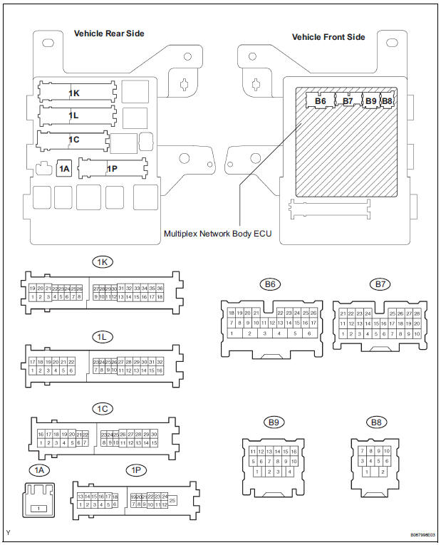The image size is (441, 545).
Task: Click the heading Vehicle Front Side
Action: (328, 37)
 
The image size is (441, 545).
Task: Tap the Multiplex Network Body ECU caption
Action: (217, 233)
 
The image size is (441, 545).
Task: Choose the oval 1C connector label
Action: (102, 409)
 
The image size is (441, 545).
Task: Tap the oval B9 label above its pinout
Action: (272, 422)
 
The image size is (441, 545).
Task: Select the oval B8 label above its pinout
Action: (375, 422)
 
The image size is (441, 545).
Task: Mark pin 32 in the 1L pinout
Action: (159, 361)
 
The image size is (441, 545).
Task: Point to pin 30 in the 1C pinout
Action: (153, 434)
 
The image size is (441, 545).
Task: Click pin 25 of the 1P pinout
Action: (173, 501)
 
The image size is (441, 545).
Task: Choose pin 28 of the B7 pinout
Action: (417, 313)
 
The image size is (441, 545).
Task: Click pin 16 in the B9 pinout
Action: (293, 451)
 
